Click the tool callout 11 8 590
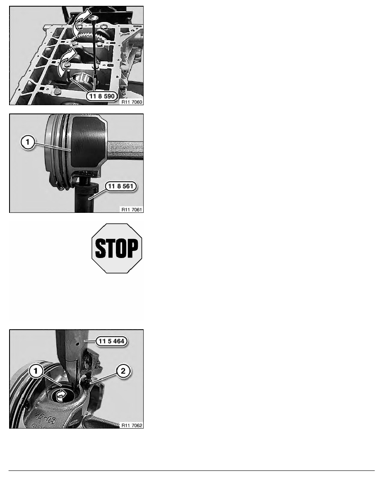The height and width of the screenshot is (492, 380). (x=102, y=96)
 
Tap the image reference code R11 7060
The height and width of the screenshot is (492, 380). (x=132, y=102)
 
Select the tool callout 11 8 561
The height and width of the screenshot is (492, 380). (x=121, y=186)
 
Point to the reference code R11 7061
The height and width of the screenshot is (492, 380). (x=132, y=210)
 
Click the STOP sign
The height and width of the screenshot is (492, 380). (x=117, y=248)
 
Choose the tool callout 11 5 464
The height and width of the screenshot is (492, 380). (x=111, y=341)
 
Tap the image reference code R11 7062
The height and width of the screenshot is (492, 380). (x=132, y=425)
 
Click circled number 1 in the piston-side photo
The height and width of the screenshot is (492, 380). (x=28, y=142)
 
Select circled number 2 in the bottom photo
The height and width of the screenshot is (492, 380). (x=123, y=371)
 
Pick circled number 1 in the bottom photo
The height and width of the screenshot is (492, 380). (x=36, y=371)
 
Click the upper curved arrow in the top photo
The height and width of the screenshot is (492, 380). (x=81, y=21)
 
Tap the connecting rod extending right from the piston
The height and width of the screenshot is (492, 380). (x=125, y=150)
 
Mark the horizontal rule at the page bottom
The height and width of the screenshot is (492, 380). (x=192, y=470)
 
